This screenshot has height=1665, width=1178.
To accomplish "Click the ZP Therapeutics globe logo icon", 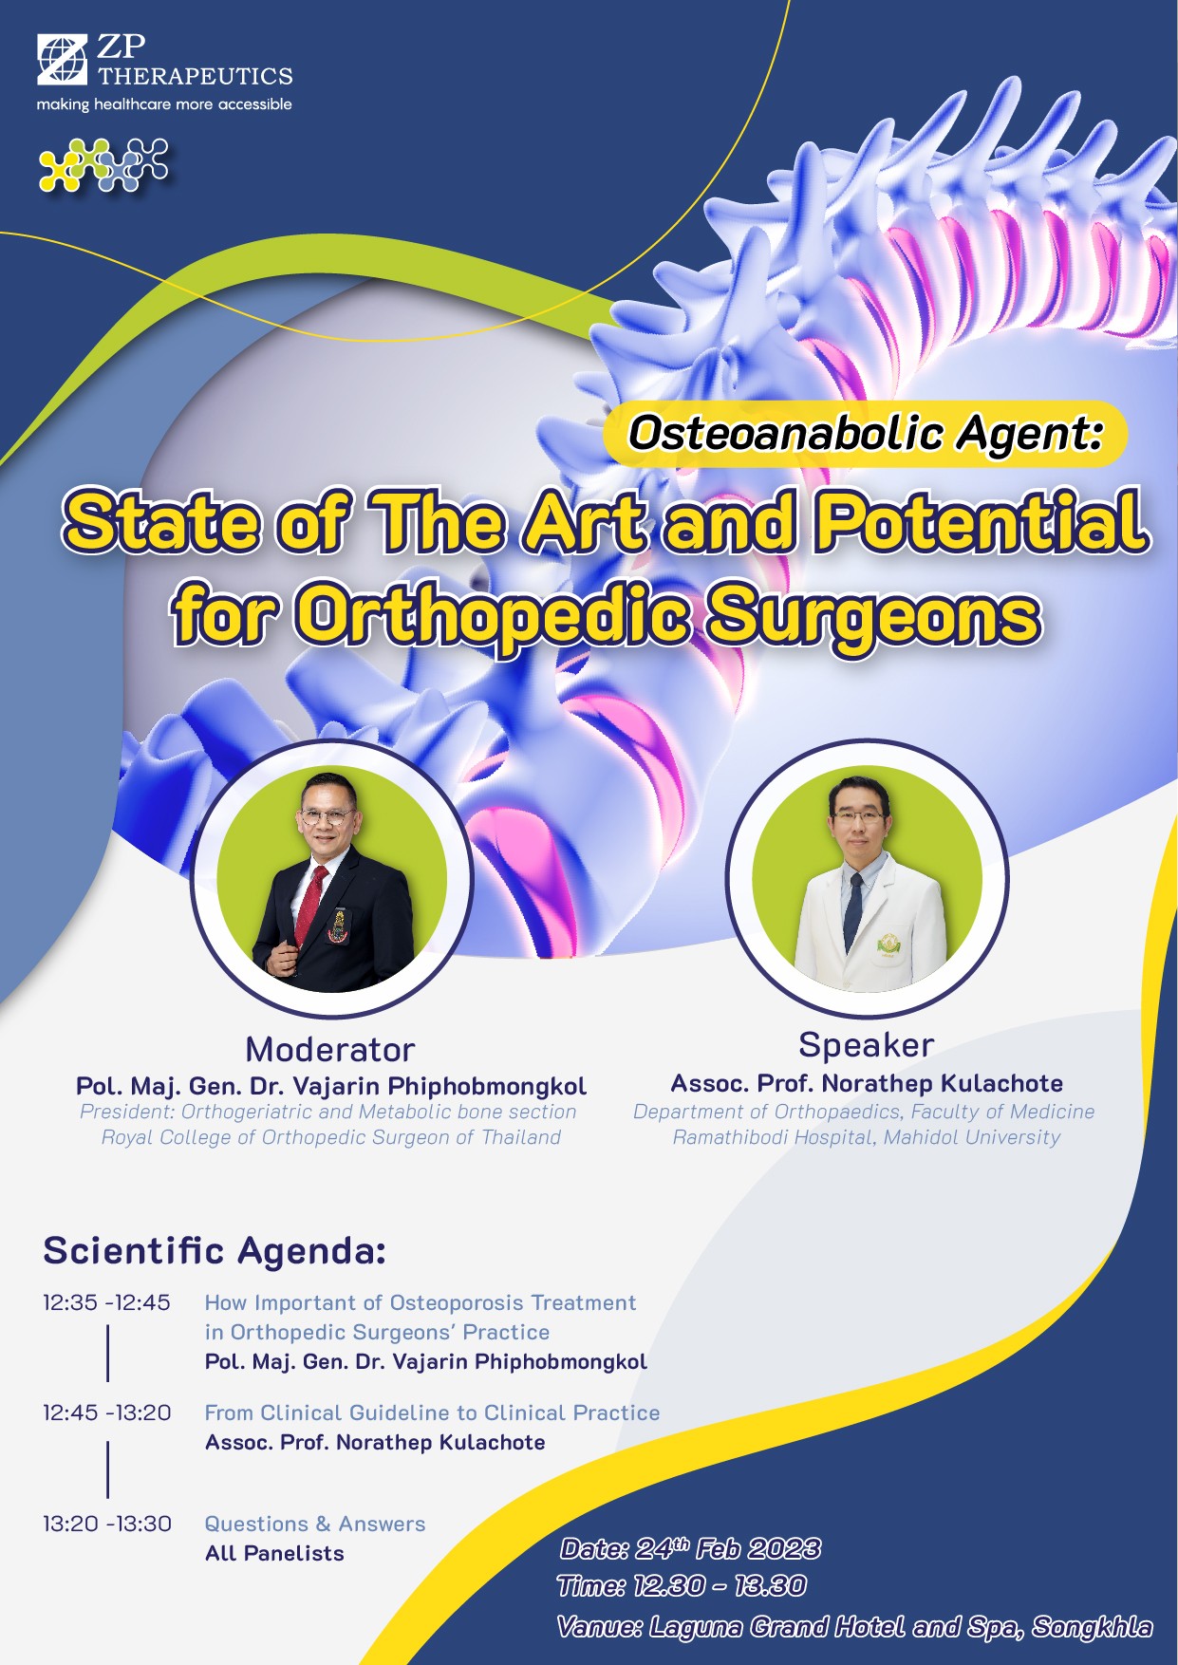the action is pos(63,58).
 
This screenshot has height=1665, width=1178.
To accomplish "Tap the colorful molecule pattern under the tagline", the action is pos(103,165).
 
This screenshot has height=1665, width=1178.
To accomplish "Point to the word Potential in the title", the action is pos(982,521).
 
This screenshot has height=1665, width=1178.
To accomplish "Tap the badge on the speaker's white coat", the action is pos(889,944).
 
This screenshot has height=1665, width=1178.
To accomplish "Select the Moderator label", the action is pos(330,1050).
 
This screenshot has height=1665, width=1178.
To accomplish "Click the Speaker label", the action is pos(867,1045).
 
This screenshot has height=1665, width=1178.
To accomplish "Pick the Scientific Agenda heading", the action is pos(215,1250).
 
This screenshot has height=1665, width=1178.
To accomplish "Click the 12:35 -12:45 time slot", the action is pos(106,1302).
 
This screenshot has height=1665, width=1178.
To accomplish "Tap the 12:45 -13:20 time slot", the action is pos(107,1412).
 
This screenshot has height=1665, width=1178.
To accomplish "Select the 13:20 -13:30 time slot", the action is pos(107,1524).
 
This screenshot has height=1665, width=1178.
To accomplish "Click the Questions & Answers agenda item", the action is pos(315,1524).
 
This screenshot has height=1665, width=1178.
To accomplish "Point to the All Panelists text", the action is pos(274,1553).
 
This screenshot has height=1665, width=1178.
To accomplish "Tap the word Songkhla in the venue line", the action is pos(1093,1627).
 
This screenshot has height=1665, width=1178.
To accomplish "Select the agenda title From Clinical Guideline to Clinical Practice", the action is pos(432,1412).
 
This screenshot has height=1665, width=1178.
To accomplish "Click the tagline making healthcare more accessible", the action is pos(164,104).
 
